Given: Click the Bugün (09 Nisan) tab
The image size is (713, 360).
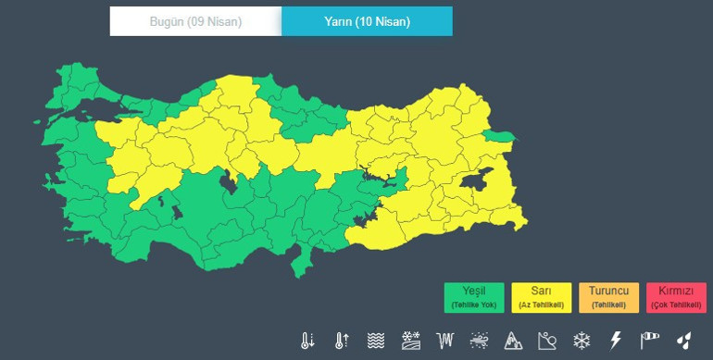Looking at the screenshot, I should pyautogui.click(x=195, y=21).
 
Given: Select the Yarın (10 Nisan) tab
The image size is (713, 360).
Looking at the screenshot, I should pyautogui.click(x=367, y=21).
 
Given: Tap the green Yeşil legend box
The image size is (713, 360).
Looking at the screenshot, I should pyautogui.click(x=473, y=298).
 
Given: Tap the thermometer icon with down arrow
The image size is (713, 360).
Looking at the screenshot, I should pyautogui.click(x=307, y=341).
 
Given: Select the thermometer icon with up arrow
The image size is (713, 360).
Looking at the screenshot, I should pyautogui.click(x=342, y=341).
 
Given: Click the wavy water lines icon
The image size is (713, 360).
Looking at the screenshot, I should pyautogui.click(x=376, y=341).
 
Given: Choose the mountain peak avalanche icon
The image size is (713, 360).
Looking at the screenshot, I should pyautogui.click(x=514, y=341).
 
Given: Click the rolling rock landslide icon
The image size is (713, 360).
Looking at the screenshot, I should pyautogui.click(x=548, y=341).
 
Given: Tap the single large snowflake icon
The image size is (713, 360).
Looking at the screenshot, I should pyautogui.click(x=582, y=341).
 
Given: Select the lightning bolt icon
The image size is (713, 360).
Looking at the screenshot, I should pyautogui.click(x=616, y=341).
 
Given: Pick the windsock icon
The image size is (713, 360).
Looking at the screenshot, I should pyautogui.click(x=650, y=341).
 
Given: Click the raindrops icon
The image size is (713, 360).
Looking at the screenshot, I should pyautogui.click(x=684, y=341).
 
